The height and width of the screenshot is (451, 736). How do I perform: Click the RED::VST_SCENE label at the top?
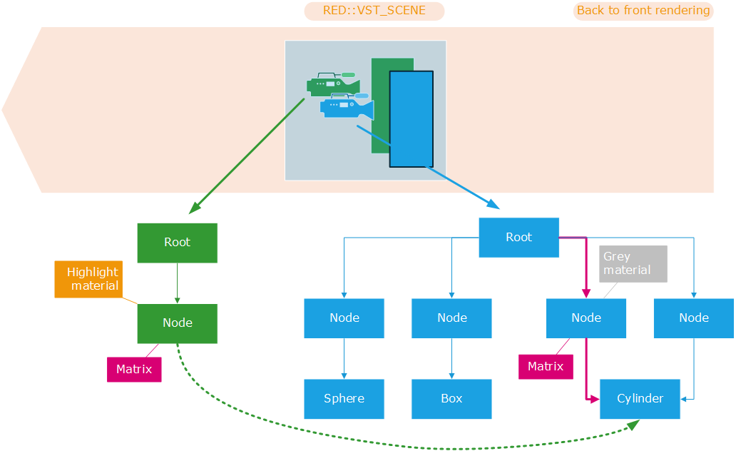[374, 11]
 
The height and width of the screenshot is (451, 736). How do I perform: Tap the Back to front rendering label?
[643, 11]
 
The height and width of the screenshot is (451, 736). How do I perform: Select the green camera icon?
[332, 83]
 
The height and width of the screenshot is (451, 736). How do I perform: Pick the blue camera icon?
[347, 106]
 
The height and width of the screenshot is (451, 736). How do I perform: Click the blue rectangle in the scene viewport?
[411, 118]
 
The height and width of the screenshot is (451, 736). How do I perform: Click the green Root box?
[177, 243]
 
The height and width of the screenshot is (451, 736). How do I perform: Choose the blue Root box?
[518, 238]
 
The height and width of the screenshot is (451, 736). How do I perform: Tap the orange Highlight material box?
[87, 278]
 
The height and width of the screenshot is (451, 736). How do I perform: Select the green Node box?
[177, 323]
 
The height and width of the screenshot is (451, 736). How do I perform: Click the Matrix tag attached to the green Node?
[134, 370]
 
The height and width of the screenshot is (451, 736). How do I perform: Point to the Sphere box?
[344, 399]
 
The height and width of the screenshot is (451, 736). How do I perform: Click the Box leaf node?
[451, 399]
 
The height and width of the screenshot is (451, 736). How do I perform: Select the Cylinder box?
[640, 399]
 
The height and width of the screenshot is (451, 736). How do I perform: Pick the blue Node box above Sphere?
[344, 318]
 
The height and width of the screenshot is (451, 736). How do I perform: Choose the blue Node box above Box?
[451, 318]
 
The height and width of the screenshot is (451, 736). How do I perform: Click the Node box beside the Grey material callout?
[586, 318]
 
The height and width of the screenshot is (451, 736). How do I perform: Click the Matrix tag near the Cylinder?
[545, 367]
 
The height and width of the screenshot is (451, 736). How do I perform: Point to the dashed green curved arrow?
[399, 446]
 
